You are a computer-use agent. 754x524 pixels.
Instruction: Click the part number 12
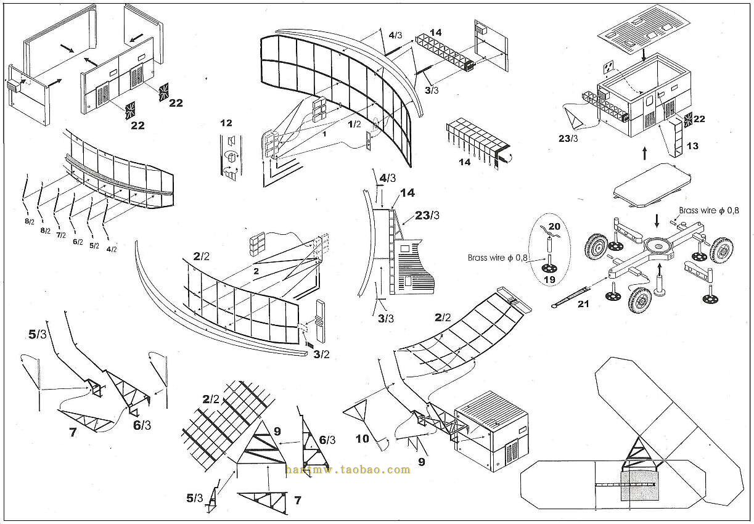click(x=226, y=123)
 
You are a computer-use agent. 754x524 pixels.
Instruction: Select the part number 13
click(x=692, y=146)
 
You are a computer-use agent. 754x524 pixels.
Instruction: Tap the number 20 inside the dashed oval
click(x=554, y=226)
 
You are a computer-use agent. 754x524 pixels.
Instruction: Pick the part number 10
click(x=363, y=439)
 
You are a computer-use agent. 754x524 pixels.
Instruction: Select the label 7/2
click(x=60, y=235)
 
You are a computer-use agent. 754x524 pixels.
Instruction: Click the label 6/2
click(x=78, y=242)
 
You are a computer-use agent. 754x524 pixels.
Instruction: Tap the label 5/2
click(x=94, y=245)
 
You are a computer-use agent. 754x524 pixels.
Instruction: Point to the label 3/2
click(x=321, y=354)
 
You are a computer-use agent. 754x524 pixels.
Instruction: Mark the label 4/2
click(x=112, y=249)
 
